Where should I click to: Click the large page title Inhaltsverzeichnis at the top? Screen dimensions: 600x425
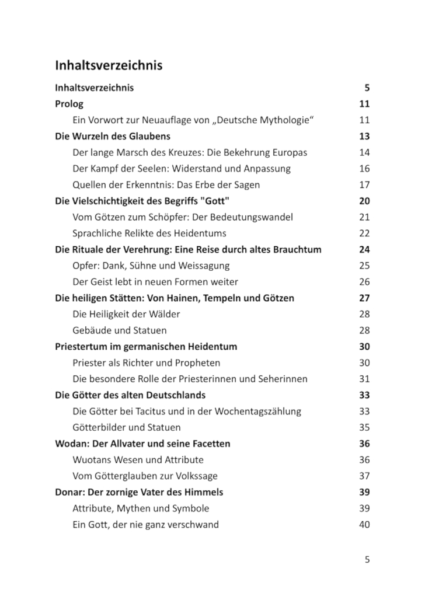coord(109,65)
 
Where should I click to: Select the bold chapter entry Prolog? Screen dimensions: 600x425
coord(69,104)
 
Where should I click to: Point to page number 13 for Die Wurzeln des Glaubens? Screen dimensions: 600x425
coord(364,137)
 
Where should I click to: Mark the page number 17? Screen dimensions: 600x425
coord(364,185)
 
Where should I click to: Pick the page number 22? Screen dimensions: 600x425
coord(364,233)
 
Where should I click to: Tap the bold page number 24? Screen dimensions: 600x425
coord(364,250)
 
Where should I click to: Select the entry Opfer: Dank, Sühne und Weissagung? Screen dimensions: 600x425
coord(151,266)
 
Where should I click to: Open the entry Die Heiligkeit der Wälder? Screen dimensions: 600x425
coord(126,314)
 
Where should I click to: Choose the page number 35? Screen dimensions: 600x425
coord(364,427)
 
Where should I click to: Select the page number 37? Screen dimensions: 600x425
coord(364,476)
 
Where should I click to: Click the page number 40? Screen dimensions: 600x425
coord(364,524)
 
